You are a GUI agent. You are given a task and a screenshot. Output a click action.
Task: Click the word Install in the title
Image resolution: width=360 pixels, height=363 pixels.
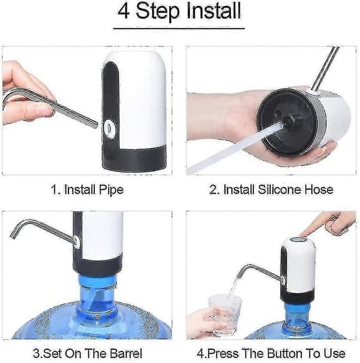[x=214, y=11]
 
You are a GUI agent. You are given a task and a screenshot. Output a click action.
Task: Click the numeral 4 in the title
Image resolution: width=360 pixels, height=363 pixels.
[x=124, y=11]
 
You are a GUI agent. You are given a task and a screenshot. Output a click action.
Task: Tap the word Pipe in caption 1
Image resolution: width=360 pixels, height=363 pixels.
[x=112, y=190]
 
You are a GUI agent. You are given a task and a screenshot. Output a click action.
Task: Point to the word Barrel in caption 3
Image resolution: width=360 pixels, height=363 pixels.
[x=126, y=353]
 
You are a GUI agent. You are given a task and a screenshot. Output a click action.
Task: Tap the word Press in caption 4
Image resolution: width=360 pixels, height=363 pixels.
[x=222, y=353]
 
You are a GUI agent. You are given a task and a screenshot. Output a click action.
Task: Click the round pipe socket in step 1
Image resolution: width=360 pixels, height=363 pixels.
[x=108, y=127]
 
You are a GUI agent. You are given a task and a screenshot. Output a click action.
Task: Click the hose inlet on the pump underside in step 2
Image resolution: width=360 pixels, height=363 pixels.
[x=288, y=121]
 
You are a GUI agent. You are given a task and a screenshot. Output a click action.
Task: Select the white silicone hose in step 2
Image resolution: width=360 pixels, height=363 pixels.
[x=234, y=148]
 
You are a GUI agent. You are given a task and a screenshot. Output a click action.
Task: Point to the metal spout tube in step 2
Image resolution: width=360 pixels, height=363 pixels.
[x=325, y=70]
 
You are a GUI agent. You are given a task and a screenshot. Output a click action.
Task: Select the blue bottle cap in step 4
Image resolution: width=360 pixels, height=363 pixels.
[x=298, y=313]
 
